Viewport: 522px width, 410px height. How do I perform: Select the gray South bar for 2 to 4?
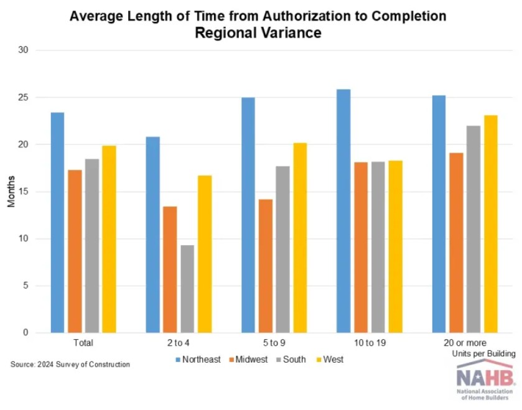(187, 289)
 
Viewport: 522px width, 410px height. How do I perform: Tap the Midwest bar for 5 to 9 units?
(265, 266)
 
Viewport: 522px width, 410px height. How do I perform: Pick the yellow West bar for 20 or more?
(491, 224)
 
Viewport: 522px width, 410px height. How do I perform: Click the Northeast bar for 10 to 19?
(343, 211)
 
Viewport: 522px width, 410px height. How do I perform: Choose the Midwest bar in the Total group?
(75, 251)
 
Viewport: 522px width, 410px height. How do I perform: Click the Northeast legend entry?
(198, 359)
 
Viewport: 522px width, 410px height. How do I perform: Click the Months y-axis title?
(11, 192)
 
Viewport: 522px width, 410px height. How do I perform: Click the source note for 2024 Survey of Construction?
(70, 364)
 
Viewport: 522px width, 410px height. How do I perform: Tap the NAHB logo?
(485, 381)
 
